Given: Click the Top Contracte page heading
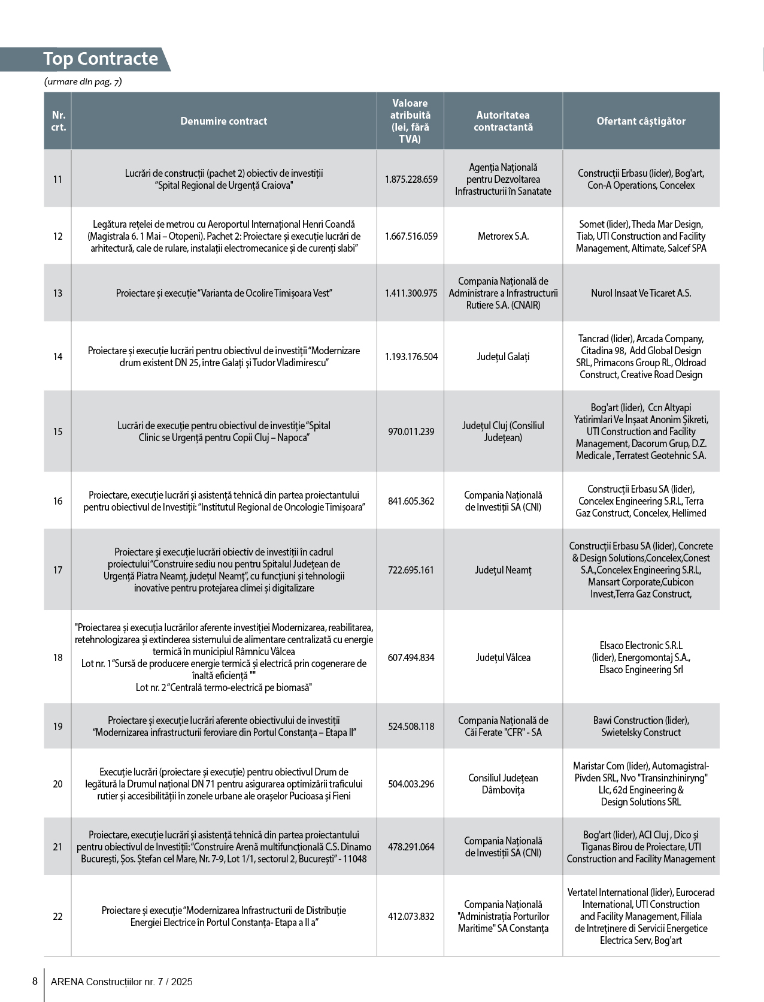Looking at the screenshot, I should tap(101, 59).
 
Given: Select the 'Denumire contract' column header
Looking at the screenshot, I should tap(224, 121).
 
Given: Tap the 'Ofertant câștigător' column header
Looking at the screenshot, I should tap(641, 121).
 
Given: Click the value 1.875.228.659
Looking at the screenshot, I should tap(411, 179).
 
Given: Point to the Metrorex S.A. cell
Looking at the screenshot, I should tap(503, 236).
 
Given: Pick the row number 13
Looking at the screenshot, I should tap(57, 293).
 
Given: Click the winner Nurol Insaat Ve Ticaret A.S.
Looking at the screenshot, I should tap(641, 293).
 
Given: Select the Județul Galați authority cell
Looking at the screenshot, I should tap(503, 357).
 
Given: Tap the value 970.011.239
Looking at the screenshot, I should tap(411, 431).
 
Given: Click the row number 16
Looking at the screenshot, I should tap(57, 501).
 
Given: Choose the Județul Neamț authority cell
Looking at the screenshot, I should tap(503, 570).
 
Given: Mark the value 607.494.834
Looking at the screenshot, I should tap(411, 657).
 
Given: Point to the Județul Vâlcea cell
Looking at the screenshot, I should tap(503, 657).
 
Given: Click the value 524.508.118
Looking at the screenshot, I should tap(411, 726).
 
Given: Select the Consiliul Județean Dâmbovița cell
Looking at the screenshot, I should tap(503, 784).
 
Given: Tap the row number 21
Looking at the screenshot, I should tap(57, 847).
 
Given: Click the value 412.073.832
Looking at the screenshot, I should tap(411, 916).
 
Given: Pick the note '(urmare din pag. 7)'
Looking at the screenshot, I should tap(83, 82).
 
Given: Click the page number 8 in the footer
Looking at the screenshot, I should tap(35, 981).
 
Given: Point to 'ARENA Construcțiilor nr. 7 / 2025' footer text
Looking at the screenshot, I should tap(122, 982).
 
